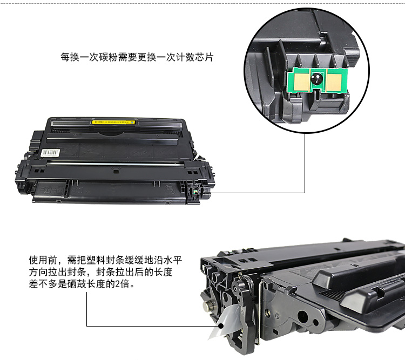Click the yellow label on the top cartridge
[114, 121]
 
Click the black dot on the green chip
[316, 78]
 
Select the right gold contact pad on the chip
[334, 81]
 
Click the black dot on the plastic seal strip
[220, 326]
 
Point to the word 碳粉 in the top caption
[108, 57]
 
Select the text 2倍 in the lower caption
[122, 284]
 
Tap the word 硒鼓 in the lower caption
[77, 284]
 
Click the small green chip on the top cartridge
[195, 192]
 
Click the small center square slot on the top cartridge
[116, 172]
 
